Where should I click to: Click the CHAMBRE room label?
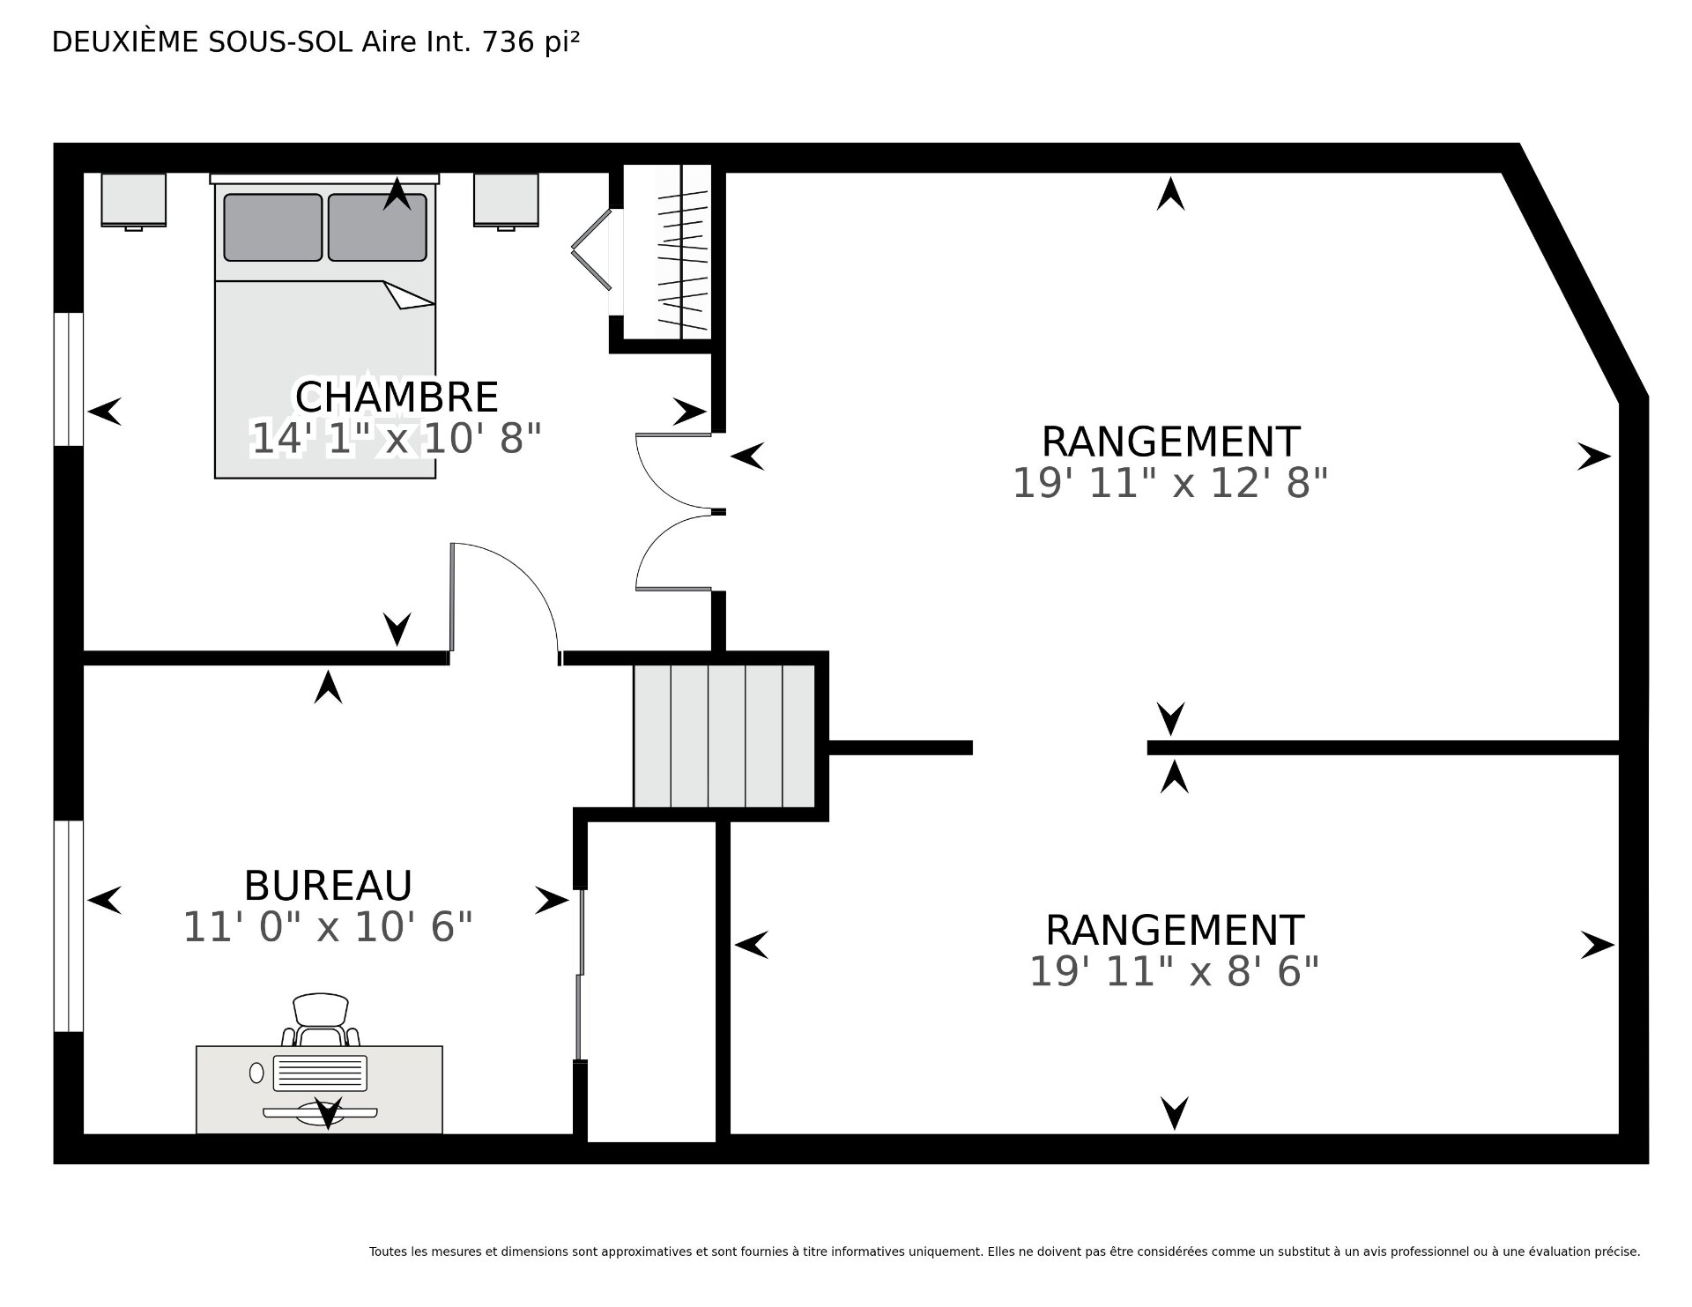(397, 397)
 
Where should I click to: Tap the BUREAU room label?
(328, 886)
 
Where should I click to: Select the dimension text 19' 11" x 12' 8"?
(1170, 483)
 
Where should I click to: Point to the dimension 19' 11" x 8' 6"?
(1174, 972)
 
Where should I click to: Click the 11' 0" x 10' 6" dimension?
(328, 927)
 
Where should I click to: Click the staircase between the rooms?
(724, 736)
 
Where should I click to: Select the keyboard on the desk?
(320, 1073)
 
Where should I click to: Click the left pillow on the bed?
(272, 227)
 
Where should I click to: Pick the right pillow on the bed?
(377, 227)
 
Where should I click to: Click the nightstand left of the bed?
(134, 201)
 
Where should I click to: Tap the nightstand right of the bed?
(506, 201)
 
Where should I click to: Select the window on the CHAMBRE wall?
(69, 379)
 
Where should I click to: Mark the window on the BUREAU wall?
(69, 926)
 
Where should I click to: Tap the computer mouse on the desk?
(256, 1073)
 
